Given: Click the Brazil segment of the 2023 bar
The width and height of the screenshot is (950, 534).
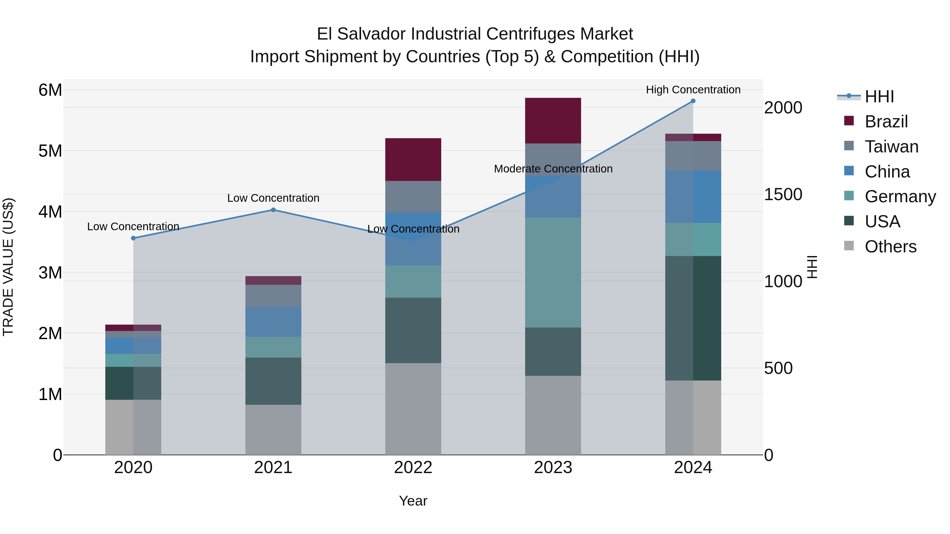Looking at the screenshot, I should click(553, 121).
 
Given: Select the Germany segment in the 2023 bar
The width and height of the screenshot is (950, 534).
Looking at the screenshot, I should click(553, 272).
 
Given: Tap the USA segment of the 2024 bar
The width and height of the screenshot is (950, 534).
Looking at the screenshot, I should click(693, 318).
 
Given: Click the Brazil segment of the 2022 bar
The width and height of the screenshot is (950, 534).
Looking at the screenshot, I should click(413, 159).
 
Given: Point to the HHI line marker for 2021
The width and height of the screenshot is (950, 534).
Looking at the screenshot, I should click(273, 210).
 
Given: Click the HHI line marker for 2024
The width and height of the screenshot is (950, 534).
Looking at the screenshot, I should click(693, 101).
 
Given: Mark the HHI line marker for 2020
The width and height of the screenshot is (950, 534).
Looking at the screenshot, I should click(134, 238).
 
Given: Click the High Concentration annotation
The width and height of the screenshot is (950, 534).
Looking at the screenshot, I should click(693, 90).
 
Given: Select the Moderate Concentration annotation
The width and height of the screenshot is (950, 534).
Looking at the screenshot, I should click(553, 169).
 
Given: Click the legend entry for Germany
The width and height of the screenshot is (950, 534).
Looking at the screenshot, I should click(900, 196).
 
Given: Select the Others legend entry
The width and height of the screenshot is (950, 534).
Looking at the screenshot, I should click(890, 247).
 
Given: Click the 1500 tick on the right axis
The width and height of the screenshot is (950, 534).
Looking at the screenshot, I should click(783, 195).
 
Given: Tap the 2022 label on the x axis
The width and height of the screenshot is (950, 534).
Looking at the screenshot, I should click(413, 468).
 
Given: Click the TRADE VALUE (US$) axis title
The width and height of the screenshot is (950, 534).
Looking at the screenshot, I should click(8, 267).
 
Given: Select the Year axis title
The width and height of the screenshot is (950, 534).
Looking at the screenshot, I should click(413, 501).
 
